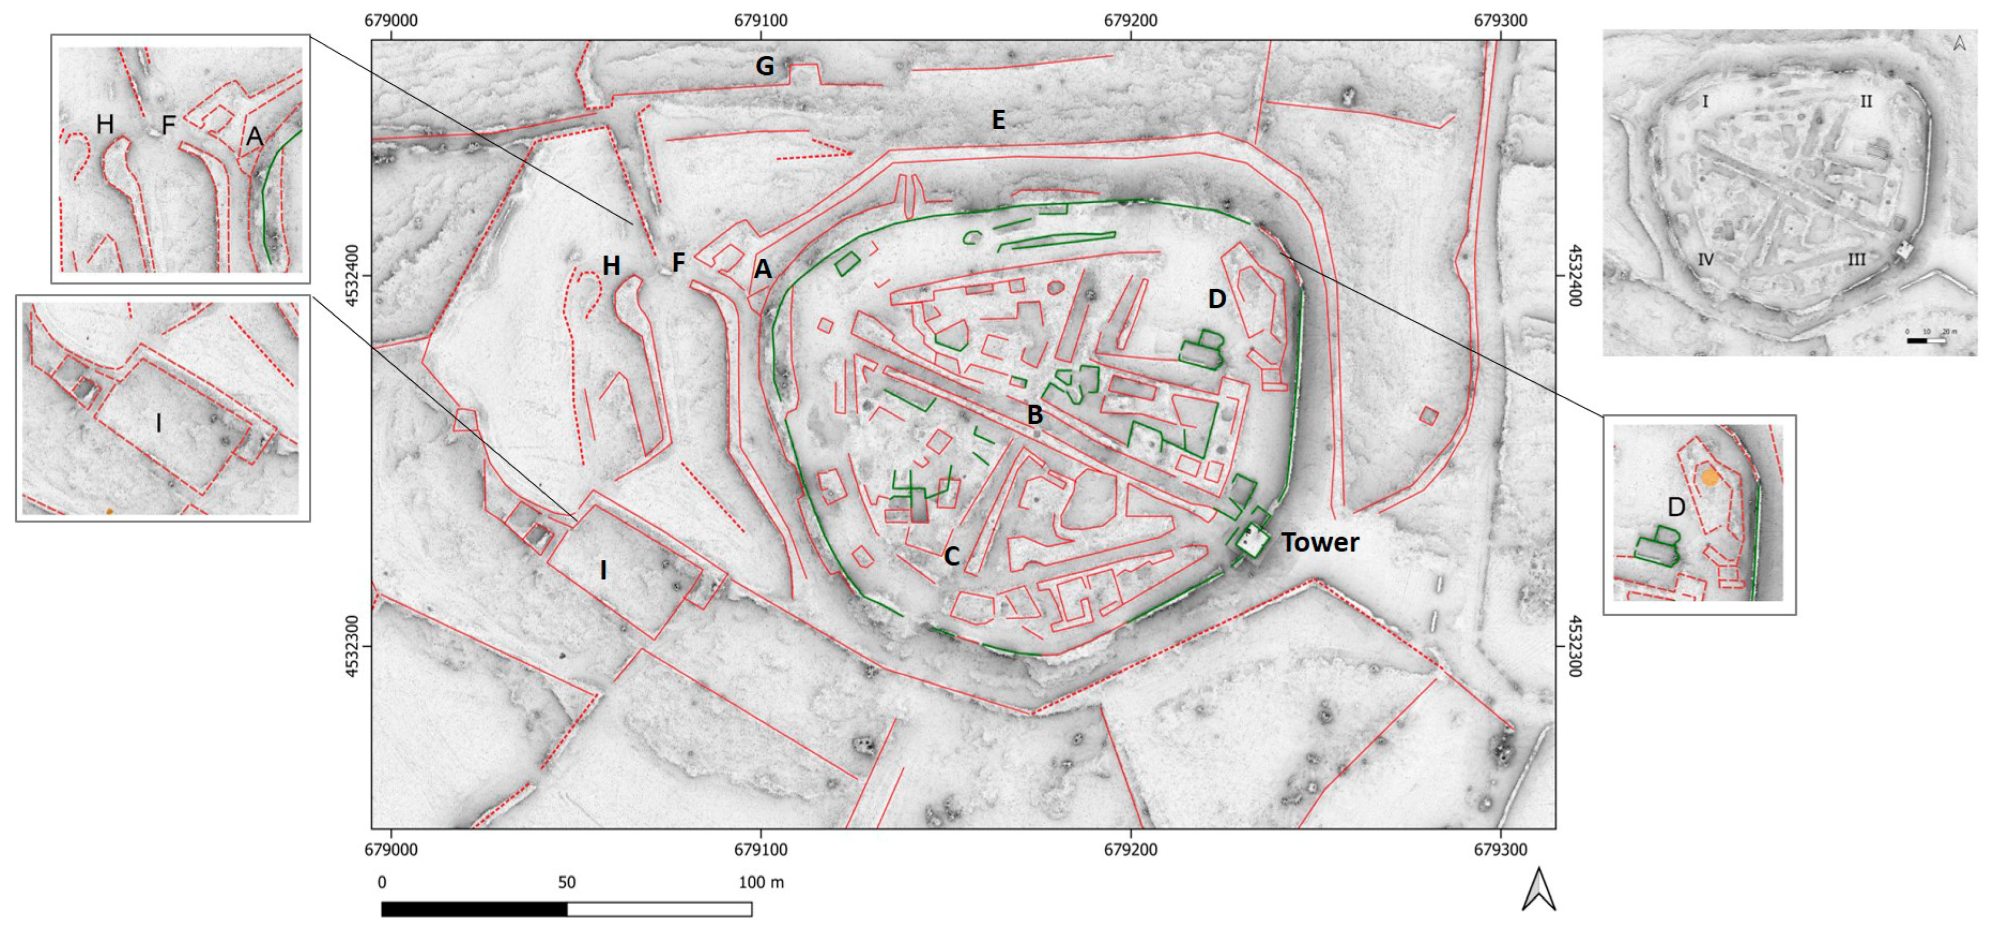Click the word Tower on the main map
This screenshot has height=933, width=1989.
[x=1320, y=543]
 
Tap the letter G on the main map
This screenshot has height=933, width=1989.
[x=765, y=67]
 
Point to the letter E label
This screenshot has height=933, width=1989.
[x=998, y=119]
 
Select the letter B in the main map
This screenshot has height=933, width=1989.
[x=1035, y=415]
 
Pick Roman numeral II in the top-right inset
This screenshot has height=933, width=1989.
[x=1866, y=101]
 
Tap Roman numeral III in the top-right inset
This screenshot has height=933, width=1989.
[x=1856, y=259]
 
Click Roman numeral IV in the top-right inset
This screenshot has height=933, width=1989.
[x=1705, y=259]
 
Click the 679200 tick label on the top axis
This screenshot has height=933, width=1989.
[x=1130, y=20]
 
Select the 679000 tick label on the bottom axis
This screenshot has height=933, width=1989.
[x=391, y=849]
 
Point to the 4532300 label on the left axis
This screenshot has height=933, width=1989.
[x=352, y=646]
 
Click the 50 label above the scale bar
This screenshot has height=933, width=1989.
[x=567, y=882]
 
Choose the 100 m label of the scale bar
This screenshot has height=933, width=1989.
[x=761, y=882]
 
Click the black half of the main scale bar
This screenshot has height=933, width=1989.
[x=474, y=909]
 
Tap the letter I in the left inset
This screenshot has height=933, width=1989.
[x=159, y=423]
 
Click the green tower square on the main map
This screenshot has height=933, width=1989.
[x=1252, y=540]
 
